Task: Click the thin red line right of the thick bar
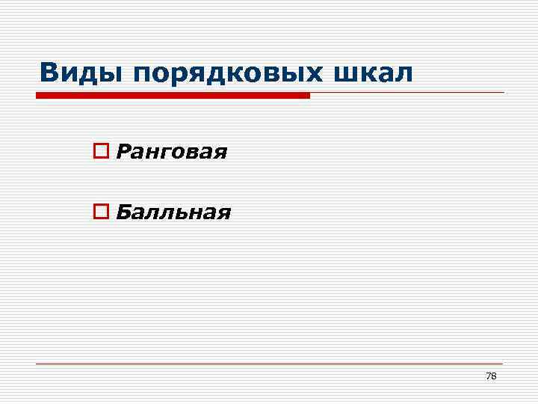tap(407, 93)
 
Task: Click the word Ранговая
tap(172, 153)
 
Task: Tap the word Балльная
tap(173, 214)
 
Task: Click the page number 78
tap(491, 376)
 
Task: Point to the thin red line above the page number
tap(269, 364)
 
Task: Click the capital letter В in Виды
tap(49, 73)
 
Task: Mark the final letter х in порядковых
tap(318, 74)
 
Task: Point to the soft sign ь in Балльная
tap(176, 214)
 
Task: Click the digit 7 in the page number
tap(489, 376)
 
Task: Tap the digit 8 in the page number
tap(494, 376)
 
